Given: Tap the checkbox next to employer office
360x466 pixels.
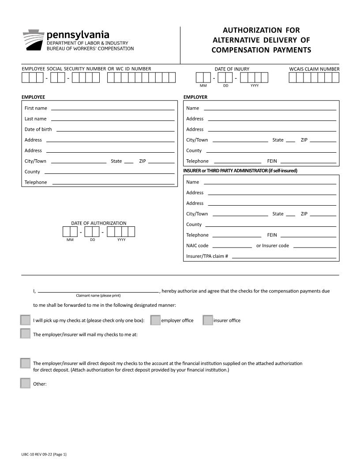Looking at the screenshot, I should [x=155, y=320].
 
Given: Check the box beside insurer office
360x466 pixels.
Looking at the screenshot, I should [x=208, y=320].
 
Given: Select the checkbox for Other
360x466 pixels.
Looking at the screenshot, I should [x=25, y=383].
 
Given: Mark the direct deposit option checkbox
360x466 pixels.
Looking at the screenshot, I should [x=25, y=363].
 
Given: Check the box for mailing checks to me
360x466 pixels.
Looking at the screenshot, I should [x=25, y=334].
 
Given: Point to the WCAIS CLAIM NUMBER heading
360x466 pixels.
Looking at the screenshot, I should [x=314, y=69].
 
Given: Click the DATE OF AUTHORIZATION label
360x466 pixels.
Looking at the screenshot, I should [x=98, y=223].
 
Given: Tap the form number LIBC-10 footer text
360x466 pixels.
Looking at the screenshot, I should [x=43, y=454].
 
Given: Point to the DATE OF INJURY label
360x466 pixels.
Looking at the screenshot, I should [x=232, y=69].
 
